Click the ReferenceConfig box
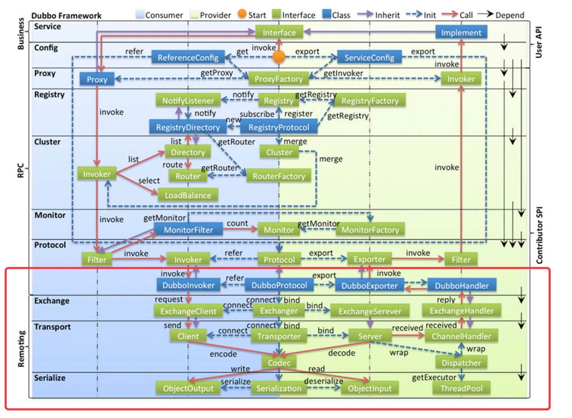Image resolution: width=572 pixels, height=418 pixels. coord(188,57)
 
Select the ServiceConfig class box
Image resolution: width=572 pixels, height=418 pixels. coord(369,57)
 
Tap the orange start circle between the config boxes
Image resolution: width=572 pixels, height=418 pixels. coord(279,57)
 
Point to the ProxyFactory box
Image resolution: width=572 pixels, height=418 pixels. coord(279,79)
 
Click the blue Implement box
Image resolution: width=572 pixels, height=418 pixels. coord(461,33)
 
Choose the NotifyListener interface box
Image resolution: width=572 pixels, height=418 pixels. coord(188,101)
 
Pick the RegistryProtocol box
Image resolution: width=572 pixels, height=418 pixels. coord(279,127)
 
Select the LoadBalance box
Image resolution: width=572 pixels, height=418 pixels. coord(188,195)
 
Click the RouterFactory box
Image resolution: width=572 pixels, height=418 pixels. coord(279,176)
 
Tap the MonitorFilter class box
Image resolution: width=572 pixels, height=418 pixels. coord(188,230)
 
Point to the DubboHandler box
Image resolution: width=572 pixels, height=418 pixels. coord(462,286)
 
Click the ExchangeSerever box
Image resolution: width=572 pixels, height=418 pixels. coord(370,311)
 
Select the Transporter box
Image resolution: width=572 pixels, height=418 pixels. coord(279,336)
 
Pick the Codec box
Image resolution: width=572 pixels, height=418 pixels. coord(279,363)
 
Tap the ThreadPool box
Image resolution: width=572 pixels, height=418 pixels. coord(462,388)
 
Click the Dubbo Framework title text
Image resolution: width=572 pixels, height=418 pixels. coord(66,16)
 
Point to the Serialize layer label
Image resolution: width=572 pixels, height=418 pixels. coord(49,378)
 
